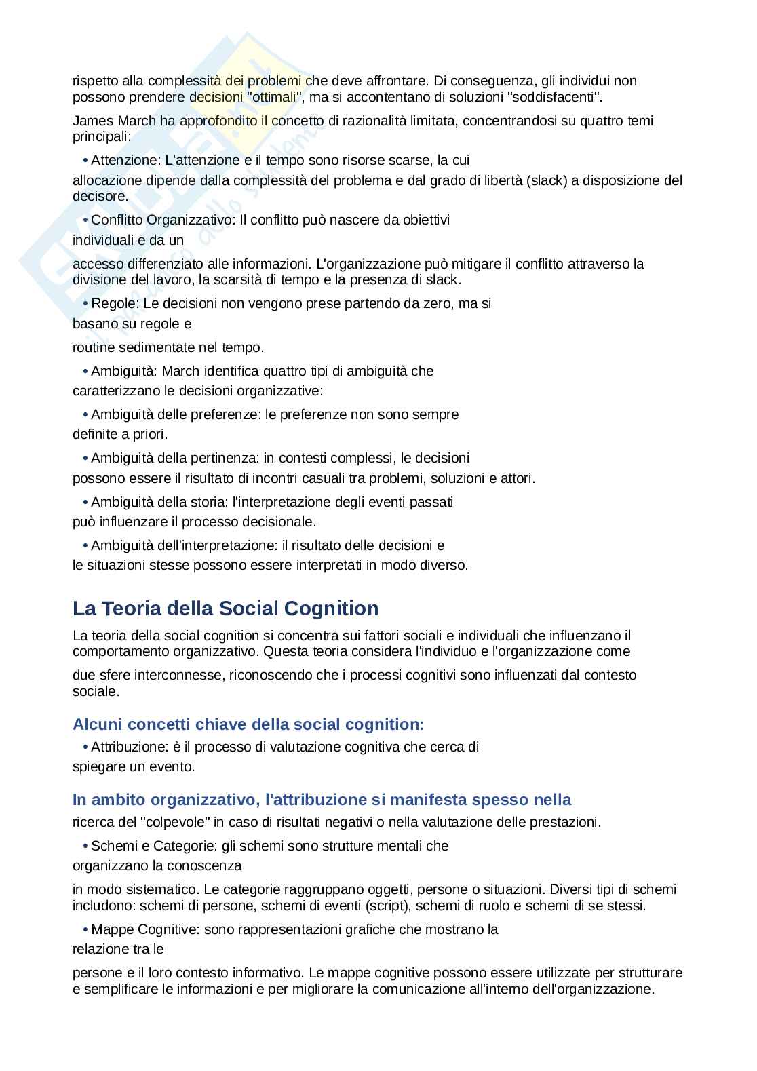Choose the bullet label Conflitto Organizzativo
coord(163,220)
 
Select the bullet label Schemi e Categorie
coord(155,846)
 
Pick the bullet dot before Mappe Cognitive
coord(85,930)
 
